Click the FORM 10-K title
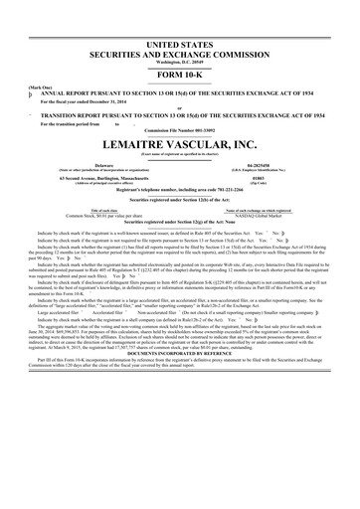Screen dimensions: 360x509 [x=179, y=75]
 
